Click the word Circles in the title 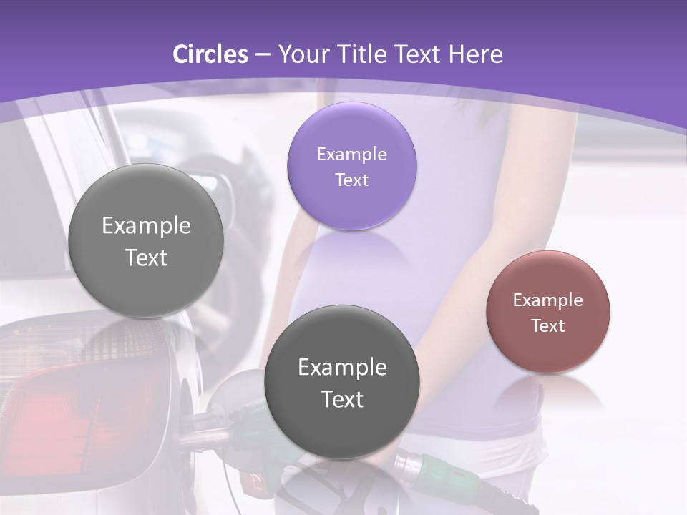click(210, 54)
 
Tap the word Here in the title click(475, 54)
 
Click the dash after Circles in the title click(262, 55)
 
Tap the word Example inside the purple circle click(352, 154)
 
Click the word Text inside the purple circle click(352, 180)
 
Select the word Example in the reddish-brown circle click(548, 300)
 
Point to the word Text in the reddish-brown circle click(548, 325)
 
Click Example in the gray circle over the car click(146, 226)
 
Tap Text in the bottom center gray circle click(342, 399)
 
